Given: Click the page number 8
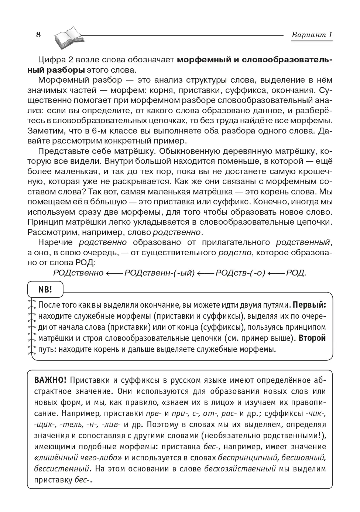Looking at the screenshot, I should coord(38,35).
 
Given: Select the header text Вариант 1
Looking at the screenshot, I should coord(312,35).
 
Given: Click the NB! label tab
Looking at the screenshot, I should coord(45,290).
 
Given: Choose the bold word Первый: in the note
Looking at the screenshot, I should coord(309,305).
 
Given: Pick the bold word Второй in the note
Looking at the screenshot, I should coord(312,338).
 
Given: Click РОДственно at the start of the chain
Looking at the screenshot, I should coord(78,273).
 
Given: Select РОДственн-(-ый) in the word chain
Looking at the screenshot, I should coord(160,273).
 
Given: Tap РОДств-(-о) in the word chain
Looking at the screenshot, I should coord(240,273).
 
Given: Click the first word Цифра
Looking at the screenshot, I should coord(51,60).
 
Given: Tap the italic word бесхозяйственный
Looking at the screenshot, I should coord(240,469).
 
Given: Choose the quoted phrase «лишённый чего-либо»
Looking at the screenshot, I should coord(78,458).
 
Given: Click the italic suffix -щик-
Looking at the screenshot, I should coord(44,425).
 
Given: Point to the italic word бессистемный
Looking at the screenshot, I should coord(62,469).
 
